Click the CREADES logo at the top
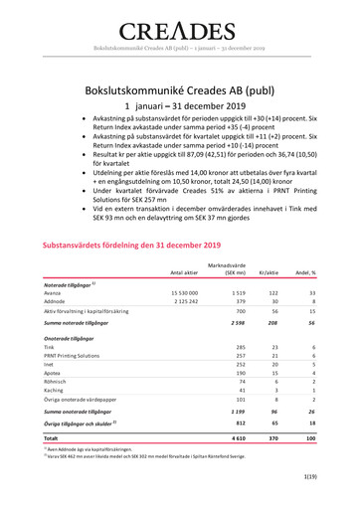click(x=179, y=27)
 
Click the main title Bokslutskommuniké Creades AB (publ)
click(x=179, y=87)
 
